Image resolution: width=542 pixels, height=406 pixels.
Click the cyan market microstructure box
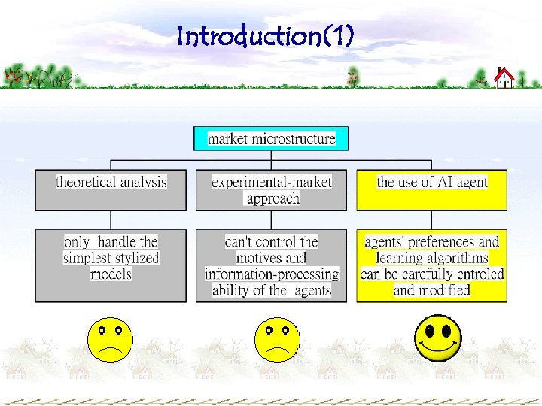pyautogui.click(x=271, y=139)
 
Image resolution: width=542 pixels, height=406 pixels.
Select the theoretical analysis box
pyautogui.click(x=111, y=189)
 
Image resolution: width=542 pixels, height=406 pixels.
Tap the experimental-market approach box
pyautogui.click(x=271, y=189)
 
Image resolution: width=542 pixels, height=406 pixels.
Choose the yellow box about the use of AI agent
pyautogui.click(x=431, y=189)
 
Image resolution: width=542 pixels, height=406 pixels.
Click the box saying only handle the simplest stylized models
pyautogui.click(x=111, y=265)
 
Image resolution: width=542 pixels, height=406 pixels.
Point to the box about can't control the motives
pyautogui.click(x=271, y=265)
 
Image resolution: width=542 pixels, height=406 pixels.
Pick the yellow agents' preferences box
pyautogui.click(x=431, y=265)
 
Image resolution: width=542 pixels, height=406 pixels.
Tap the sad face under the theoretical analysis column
pyautogui.click(x=110, y=339)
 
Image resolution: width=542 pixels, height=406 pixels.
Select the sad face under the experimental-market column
pyautogui.click(x=277, y=339)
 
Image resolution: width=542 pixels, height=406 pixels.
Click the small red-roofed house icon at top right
pyautogui.click(x=504, y=77)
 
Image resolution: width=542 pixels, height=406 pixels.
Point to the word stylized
pyautogui.click(x=130, y=258)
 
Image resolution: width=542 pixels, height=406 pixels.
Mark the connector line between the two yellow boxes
pyautogui.click(x=431, y=220)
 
